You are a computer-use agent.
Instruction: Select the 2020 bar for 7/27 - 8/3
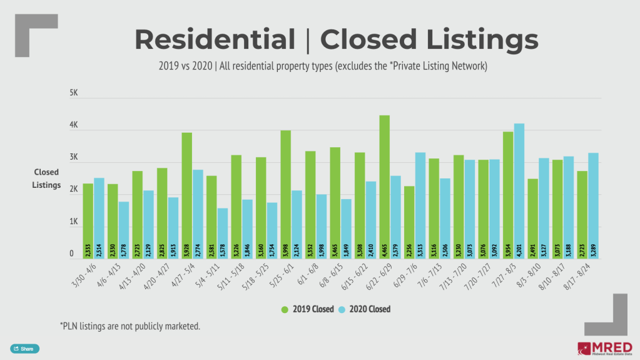click(x=519, y=191)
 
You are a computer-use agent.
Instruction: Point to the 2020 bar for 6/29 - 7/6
click(x=420, y=205)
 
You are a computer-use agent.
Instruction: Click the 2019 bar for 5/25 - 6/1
click(x=285, y=194)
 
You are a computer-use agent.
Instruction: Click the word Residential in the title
click(x=215, y=39)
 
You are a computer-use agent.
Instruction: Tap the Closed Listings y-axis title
click(x=46, y=178)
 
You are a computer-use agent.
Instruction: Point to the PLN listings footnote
click(x=130, y=326)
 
